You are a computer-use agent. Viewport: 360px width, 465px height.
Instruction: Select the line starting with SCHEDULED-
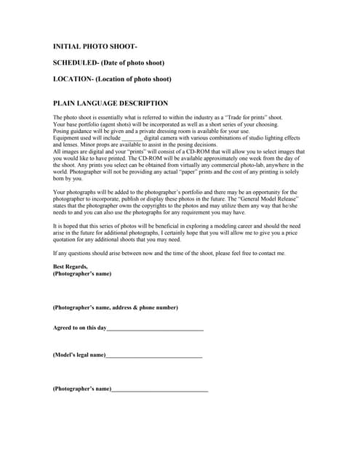108,62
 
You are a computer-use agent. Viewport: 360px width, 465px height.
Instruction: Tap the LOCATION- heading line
112,78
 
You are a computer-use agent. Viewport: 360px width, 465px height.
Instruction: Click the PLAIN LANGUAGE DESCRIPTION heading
111,103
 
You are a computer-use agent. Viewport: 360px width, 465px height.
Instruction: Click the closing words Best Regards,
70,267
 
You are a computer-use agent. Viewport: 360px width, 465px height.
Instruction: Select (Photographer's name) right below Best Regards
82,274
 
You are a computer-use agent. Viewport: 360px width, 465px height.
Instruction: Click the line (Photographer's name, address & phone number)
115,307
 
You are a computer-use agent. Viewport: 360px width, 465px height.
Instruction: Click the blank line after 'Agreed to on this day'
155,328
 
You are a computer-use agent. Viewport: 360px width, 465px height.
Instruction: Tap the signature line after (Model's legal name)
153,355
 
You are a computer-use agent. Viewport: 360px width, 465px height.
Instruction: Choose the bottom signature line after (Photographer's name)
160,389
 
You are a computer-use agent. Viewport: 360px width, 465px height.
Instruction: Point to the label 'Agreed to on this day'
79,328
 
